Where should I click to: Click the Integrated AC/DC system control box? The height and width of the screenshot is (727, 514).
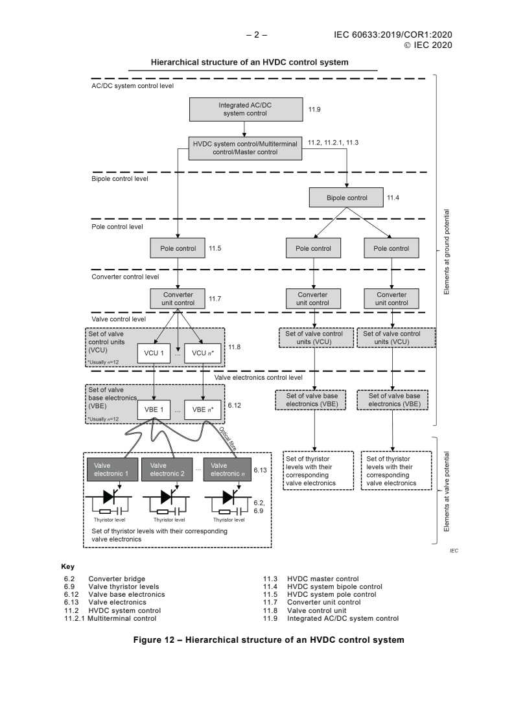246,110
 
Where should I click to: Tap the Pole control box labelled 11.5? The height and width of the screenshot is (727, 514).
176,248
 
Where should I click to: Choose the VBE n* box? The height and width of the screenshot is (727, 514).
204,409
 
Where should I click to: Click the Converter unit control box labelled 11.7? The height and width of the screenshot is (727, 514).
176,299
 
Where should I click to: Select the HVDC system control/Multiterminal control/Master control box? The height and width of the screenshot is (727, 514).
246,147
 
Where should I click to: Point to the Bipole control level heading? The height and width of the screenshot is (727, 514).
121,178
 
